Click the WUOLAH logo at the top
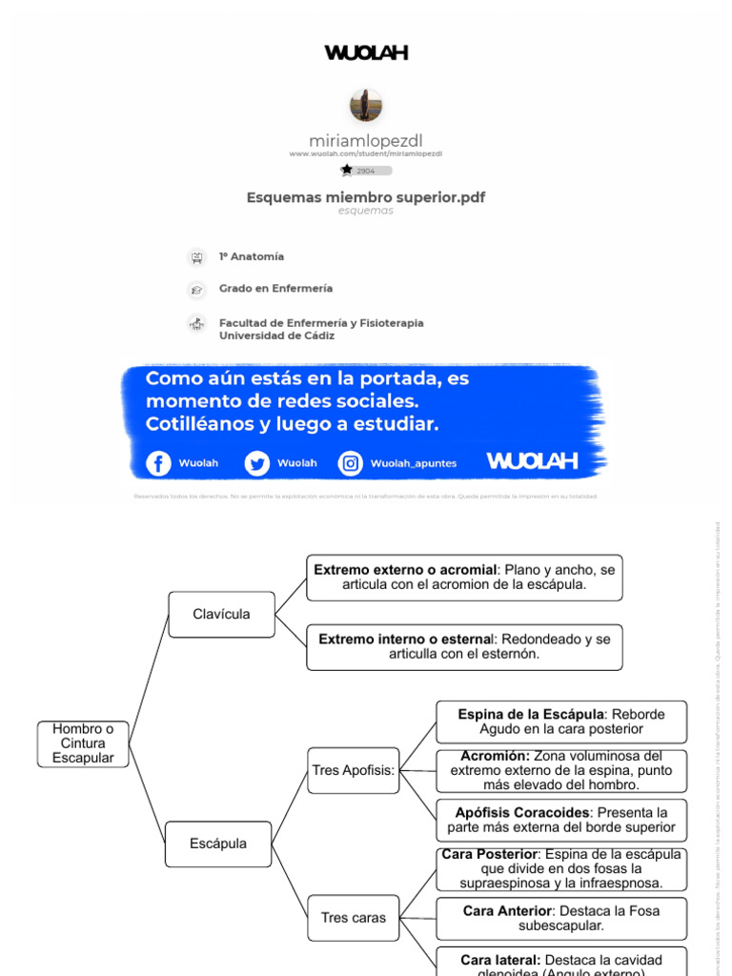click(366, 53)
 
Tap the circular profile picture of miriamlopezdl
click(366, 105)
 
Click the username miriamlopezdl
click(366, 141)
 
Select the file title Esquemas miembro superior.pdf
click(366, 197)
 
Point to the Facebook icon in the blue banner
click(158, 463)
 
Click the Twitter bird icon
click(256, 463)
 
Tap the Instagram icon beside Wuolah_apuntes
click(351, 463)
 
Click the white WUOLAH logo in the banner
click(532, 461)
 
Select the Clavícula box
click(221, 615)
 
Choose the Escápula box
click(218, 844)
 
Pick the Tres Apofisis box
click(354, 770)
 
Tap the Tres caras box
click(354, 918)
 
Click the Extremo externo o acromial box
click(464, 578)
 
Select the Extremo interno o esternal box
click(464, 647)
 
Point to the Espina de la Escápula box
click(560, 722)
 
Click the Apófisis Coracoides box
click(560, 821)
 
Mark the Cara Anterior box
click(560, 918)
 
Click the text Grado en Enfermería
click(275, 288)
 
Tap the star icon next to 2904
click(346, 170)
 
